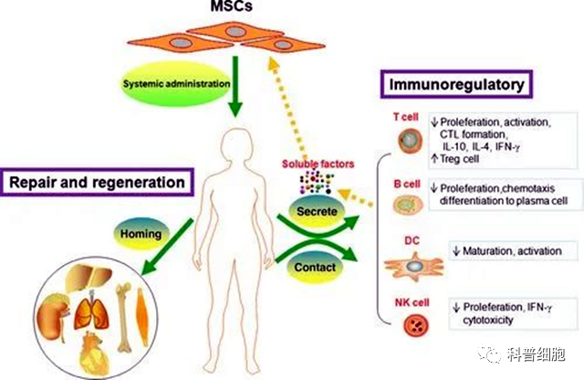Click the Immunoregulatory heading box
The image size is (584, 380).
[x=455, y=86]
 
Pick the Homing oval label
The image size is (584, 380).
[x=141, y=234]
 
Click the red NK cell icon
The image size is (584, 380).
[x=407, y=324]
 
